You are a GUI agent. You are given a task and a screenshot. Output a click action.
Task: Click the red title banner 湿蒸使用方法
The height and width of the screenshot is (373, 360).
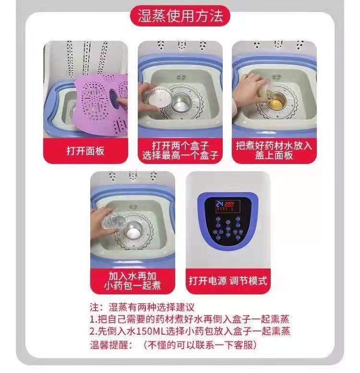[180, 17]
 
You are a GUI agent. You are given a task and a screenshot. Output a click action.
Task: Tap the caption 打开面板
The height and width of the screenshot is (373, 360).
[85, 152]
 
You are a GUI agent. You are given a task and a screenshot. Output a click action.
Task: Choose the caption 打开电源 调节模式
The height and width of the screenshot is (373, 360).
[227, 280]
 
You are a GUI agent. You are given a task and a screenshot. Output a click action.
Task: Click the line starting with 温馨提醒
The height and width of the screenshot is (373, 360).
[173, 345]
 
